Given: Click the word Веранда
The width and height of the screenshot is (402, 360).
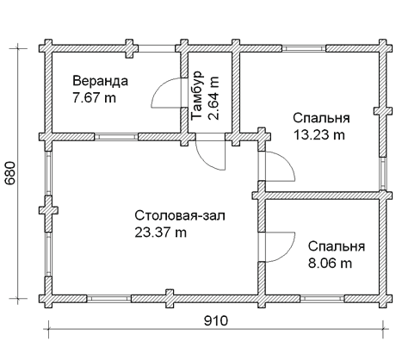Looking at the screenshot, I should click(100, 81).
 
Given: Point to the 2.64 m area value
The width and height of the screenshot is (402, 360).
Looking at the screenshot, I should click(213, 90).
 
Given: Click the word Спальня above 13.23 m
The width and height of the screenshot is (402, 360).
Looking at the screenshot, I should click(320, 118).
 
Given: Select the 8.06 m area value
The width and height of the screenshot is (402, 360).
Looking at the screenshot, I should click(331, 263).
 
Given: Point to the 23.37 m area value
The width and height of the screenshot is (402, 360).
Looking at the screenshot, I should click(161, 232).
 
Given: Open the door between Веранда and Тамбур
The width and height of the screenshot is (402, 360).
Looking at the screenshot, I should click(167, 93).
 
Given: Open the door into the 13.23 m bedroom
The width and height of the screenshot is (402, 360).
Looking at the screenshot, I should click(277, 165).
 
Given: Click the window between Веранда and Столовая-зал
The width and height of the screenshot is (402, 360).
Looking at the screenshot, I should click(112, 136).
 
